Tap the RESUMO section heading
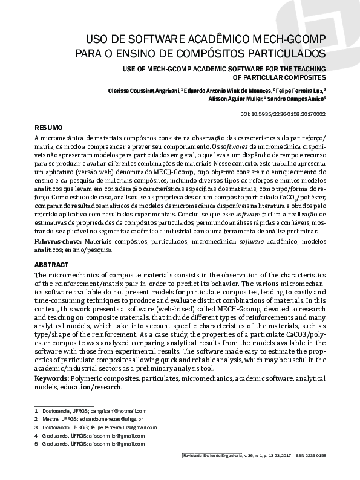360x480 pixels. coord(48,128)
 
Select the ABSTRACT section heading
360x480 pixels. coord(51,265)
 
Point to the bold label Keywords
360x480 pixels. coord(51,377)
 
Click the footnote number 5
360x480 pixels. coord(36,443)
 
